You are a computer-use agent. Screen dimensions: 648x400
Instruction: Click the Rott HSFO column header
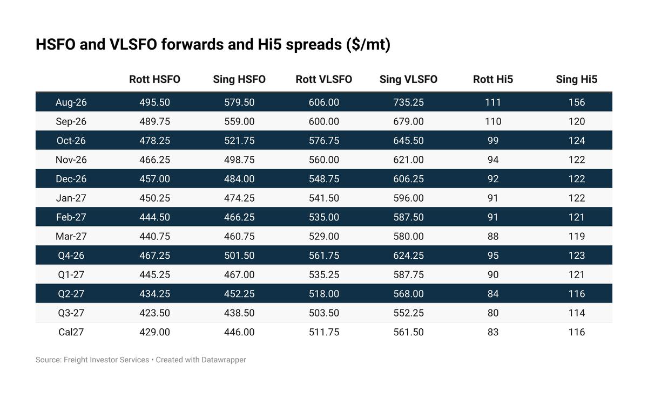154,79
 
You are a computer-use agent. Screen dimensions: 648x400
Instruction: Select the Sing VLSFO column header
408,79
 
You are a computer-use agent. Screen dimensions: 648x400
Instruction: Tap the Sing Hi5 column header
576,79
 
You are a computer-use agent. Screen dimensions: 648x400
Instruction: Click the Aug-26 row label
71,102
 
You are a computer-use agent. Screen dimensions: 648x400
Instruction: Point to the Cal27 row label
71,332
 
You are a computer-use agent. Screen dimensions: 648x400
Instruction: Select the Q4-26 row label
71,256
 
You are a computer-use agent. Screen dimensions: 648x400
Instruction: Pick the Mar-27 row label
71,236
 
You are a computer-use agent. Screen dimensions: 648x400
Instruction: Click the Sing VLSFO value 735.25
408,102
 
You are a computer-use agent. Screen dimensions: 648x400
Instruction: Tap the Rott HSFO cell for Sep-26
154,121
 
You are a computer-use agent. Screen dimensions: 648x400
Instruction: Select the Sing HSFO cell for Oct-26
239,140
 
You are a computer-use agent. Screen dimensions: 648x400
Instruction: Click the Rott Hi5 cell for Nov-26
492,160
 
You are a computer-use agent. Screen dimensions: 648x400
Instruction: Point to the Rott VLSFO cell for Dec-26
323,179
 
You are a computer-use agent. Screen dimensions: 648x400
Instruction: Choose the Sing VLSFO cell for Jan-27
408,198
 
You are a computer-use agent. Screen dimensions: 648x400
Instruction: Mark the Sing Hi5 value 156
577,102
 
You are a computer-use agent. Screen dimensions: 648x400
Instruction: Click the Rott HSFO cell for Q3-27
154,313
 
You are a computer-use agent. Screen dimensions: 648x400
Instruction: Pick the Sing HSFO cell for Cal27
239,332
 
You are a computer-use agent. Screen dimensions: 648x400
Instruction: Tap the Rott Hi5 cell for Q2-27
492,294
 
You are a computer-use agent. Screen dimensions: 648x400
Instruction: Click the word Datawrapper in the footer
224,360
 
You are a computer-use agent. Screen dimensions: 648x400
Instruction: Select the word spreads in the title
314,45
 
